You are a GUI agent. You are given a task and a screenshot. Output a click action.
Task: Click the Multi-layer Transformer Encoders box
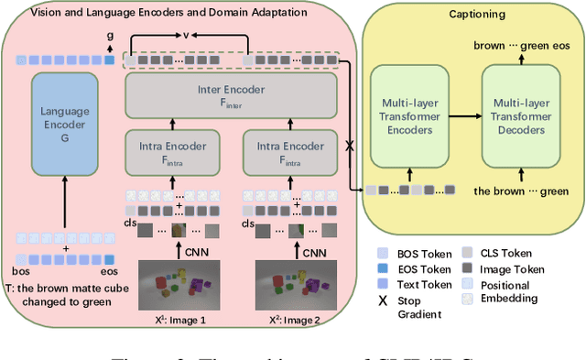coord(408,116)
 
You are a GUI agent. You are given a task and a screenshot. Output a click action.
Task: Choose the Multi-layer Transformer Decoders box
coord(520,116)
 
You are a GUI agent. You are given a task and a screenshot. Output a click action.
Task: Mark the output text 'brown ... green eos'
coord(519,45)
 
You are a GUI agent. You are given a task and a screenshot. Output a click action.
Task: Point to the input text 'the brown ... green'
coord(519,191)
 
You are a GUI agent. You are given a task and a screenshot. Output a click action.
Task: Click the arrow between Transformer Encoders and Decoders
coord(463,116)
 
